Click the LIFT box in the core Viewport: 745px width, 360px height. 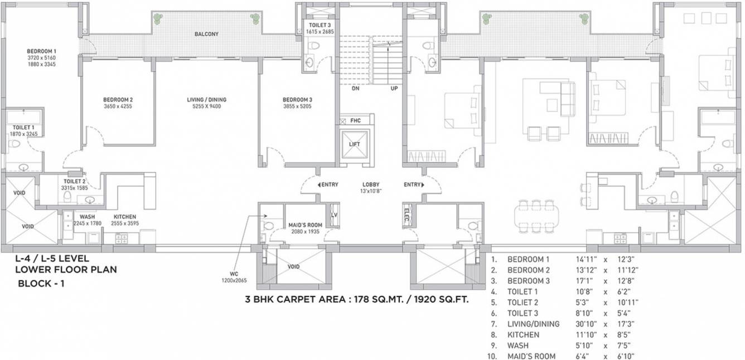tap(355, 144)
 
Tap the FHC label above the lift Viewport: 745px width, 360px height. tap(355, 120)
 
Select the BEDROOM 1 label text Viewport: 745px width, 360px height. tap(42, 51)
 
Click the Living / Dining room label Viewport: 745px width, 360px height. tap(206, 100)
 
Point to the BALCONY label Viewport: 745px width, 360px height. tap(206, 34)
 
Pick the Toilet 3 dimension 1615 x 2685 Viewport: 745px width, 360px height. tap(320, 32)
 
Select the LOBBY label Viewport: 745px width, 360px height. tap(371, 184)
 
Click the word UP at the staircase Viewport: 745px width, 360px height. tap(394, 89)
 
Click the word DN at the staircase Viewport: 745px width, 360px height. tap(355, 89)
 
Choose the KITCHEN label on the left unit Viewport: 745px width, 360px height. tap(125, 217)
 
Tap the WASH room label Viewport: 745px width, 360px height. tap(87, 217)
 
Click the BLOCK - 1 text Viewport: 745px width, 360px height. tap(41, 283)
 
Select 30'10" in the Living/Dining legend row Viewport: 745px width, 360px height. tap(586, 324)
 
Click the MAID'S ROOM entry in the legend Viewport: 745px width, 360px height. tap(531, 356)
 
